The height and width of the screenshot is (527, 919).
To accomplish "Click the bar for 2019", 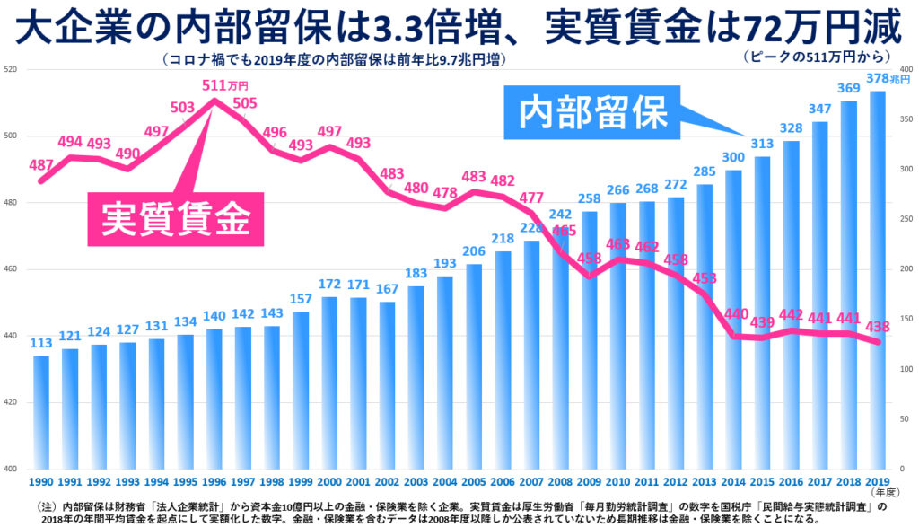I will click(878, 278).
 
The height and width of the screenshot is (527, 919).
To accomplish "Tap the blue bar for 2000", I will click(330, 382).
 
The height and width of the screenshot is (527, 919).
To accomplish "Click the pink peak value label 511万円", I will click(224, 86).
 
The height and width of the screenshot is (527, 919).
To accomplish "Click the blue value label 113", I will click(41, 343).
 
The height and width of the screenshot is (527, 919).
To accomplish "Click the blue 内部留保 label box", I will click(594, 113).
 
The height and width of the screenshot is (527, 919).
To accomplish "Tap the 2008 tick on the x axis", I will click(560, 481).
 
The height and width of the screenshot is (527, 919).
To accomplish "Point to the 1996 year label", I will click(214, 481).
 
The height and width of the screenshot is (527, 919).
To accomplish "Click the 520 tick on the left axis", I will click(12, 70).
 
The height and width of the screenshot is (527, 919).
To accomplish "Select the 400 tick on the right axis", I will click(906, 70).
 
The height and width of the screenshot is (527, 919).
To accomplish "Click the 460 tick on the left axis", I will click(12, 269).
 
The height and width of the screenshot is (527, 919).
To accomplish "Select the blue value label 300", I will click(734, 158).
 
